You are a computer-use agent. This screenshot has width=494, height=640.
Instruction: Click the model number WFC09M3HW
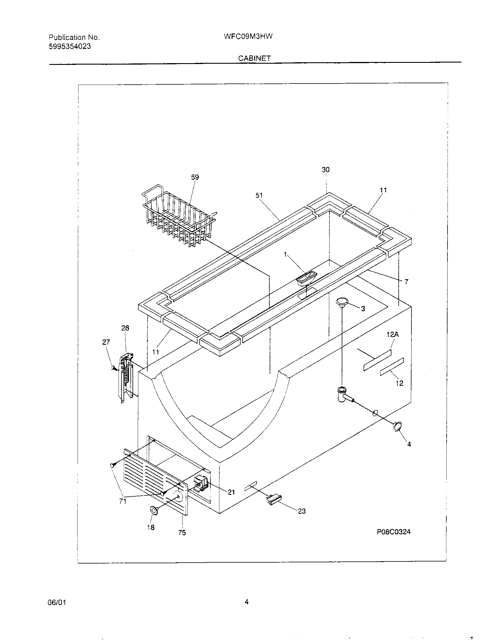pyautogui.click(x=248, y=37)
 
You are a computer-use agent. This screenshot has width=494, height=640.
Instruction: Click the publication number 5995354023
pyautogui.click(x=70, y=46)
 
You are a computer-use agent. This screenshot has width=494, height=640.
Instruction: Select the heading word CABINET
pyautogui.click(x=254, y=58)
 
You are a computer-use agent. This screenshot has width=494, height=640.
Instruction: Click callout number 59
pyautogui.click(x=195, y=177)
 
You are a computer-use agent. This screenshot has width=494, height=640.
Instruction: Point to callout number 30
pyautogui.click(x=325, y=170)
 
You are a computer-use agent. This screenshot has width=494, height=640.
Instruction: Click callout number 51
pyautogui.click(x=259, y=195)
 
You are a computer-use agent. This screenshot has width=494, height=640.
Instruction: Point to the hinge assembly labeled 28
pyautogui.click(x=126, y=378)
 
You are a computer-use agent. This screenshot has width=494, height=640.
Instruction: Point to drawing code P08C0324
pyautogui.click(x=393, y=532)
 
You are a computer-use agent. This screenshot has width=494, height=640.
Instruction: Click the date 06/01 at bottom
pyautogui.click(x=58, y=602)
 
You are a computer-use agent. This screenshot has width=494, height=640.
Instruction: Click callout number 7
pyautogui.click(x=406, y=282)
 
